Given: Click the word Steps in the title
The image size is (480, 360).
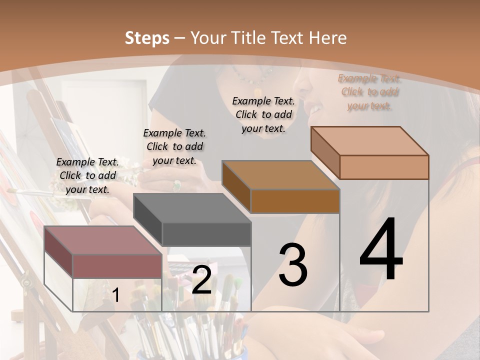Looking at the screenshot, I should tap(146, 38).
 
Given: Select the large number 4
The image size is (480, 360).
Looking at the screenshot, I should tap(381, 250).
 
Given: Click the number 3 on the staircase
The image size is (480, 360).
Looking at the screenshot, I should tap(292, 265).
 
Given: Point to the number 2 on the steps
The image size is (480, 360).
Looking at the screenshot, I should tap(201, 280).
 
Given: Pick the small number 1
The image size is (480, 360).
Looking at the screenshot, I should tap(115, 295).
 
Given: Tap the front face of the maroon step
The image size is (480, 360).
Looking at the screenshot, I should tap(117, 265).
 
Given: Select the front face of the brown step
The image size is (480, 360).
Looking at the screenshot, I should tap(295, 201).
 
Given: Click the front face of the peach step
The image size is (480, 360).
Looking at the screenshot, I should tap(384, 167).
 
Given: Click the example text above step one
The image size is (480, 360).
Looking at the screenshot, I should tap(87, 175).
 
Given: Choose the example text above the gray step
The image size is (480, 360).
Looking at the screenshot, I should tap(174, 146).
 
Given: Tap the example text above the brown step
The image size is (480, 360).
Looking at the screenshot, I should tap(263, 114).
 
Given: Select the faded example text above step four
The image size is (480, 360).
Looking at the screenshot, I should tap(369, 92).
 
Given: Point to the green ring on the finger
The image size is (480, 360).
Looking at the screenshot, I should tap(176, 185).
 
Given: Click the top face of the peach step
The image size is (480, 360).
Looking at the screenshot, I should tap(369, 141).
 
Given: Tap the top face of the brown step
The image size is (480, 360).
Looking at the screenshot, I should tap(280, 175).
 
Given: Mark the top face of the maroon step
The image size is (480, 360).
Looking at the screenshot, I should tap(103, 240).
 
